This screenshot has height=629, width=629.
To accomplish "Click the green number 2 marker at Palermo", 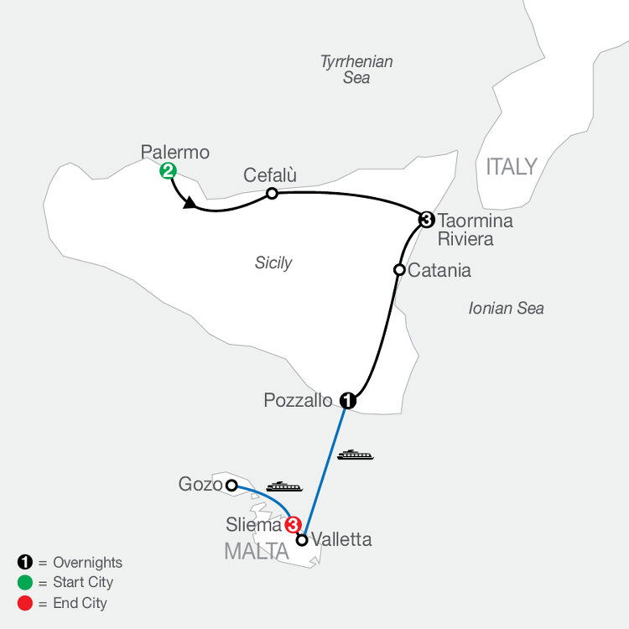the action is click(x=168, y=171).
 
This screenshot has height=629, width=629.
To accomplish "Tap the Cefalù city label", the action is click(x=269, y=175).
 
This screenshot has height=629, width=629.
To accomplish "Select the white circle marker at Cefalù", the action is click(x=272, y=194).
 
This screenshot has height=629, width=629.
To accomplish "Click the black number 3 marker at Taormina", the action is click(x=426, y=220).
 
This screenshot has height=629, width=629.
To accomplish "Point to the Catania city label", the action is click(x=439, y=270).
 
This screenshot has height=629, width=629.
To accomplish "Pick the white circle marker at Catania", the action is click(x=399, y=269).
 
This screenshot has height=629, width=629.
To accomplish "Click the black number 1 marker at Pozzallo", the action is click(x=348, y=400).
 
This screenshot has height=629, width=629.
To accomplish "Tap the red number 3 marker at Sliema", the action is click(x=293, y=525).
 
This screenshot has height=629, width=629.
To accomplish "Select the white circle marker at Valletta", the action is click(x=302, y=540).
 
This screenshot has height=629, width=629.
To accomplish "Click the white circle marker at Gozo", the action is click(x=231, y=486).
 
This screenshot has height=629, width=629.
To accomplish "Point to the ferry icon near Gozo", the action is click(x=284, y=486).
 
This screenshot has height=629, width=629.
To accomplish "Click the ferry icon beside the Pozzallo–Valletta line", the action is click(x=356, y=455).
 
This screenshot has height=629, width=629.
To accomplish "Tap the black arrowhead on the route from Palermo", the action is click(x=189, y=203).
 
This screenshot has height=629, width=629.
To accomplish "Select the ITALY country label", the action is click(x=512, y=167).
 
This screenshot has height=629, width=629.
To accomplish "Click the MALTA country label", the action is click(x=257, y=552).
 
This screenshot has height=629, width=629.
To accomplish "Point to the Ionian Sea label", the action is click(x=507, y=308).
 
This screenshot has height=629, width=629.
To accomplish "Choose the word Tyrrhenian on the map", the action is click(x=356, y=62).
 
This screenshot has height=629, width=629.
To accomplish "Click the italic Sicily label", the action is click(x=273, y=263).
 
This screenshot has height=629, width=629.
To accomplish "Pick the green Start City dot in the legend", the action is click(x=25, y=583).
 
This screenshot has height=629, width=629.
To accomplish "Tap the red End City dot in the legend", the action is click(x=25, y=603).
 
